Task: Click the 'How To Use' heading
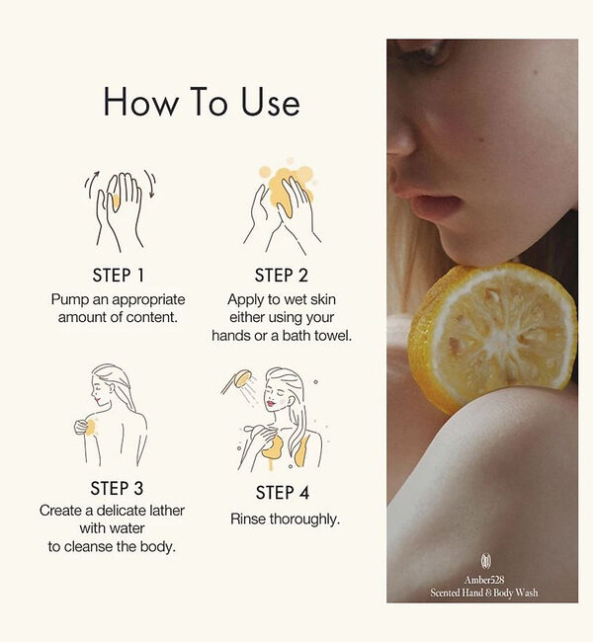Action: [x=202, y=102]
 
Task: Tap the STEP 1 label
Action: [x=118, y=276]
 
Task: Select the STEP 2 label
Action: [x=281, y=276]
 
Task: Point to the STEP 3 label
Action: [x=117, y=489]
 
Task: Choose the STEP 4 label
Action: [x=283, y=493]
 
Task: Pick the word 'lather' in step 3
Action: [x=167, y=511]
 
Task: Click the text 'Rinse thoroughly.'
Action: [x=286, y=520]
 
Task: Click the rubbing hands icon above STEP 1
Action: [x=120, y=210]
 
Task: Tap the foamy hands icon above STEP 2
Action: [x=282, y=208]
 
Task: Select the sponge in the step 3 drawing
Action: [x=83, y=428]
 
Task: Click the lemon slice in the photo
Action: [x=492, y=336]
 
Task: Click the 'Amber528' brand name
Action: [x=484, y=580]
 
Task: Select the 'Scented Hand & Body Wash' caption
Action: [x=484, y=593]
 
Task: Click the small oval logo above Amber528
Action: [x=485, y=561]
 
